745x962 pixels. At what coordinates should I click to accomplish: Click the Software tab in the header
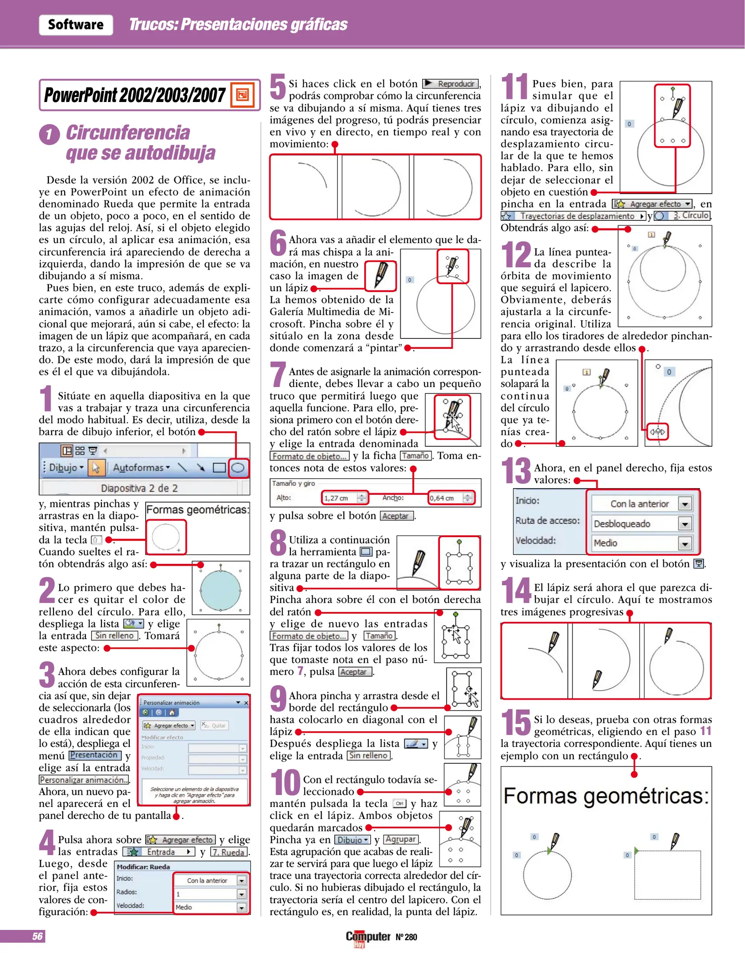click(75, 24)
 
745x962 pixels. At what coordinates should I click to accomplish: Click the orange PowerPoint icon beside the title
click(242, 94)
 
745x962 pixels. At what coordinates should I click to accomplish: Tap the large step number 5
click(278, 86)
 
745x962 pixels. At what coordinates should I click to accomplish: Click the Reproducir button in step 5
click(450, 84)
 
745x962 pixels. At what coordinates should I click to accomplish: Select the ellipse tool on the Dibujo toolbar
click(238, 468)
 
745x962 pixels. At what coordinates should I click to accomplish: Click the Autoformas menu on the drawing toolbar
click(141, 468)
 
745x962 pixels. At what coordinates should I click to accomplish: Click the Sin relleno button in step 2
click(114, 636)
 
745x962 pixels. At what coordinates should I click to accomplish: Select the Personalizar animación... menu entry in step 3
click(84, 780)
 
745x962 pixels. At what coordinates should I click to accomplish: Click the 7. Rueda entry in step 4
click(229, 852)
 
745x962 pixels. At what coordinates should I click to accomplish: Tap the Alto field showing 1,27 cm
click(344, 498)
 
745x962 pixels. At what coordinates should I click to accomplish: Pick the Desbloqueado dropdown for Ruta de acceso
click(640, 524)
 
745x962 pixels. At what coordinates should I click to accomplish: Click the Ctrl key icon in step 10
click(399, 804)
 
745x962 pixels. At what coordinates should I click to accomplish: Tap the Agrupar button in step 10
click(401, 840)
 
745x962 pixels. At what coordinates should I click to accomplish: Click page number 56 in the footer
click(37, 936)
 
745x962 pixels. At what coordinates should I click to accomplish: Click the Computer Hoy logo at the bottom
click(368, 937)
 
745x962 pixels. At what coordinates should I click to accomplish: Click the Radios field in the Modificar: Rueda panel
click(210, 894)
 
